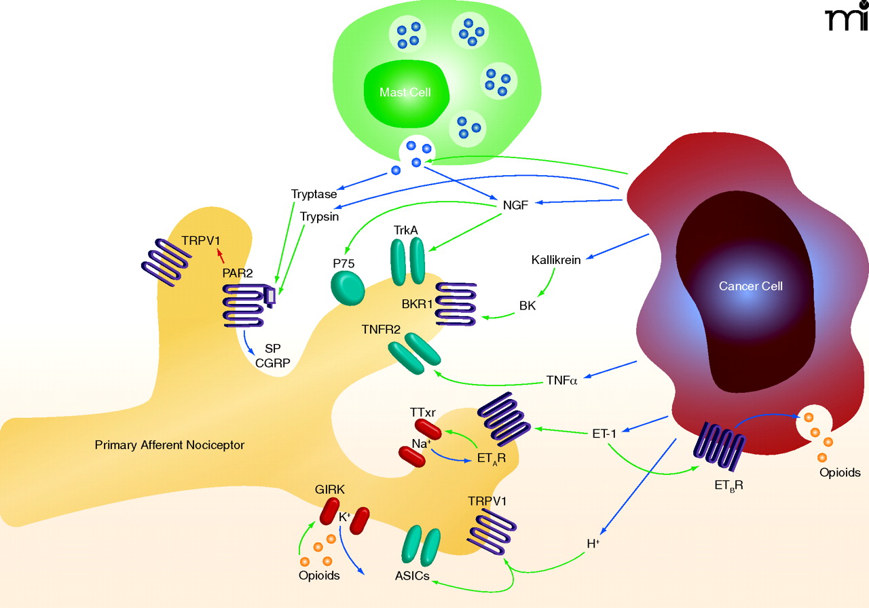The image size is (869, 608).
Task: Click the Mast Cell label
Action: [x=405, y=92]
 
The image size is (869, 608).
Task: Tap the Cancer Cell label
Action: [x=750, y=286]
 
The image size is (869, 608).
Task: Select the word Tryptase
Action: [x=314, y=194]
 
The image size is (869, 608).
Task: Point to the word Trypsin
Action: [x=319, y=216]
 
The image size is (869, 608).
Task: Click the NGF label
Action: [x=515, y=204]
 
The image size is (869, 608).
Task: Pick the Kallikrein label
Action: [x=556, y=260]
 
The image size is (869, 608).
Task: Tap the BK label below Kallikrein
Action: [x=528, y=305]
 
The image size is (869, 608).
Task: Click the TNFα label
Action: [x=561, y=380]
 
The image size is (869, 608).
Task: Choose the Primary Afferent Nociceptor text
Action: [x=169, y=445]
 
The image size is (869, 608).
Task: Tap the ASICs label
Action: [x=412, y=576]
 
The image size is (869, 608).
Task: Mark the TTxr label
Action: [x=422, y=412]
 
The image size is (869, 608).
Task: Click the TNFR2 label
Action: [x=380, y=330]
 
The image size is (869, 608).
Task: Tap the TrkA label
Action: [x=405, y=231]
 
